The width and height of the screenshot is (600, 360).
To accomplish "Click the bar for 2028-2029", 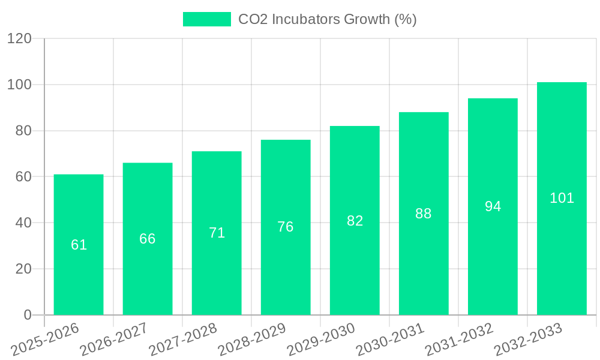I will tap(286, 270).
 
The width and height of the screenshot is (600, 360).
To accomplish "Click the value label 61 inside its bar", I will tap(79, 245).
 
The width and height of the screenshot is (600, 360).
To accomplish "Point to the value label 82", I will tap(355, 221).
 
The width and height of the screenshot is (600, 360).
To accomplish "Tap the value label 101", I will tap(562, 198).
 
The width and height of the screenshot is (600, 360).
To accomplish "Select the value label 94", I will tap(493, 206).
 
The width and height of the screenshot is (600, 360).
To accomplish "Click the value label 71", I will tap(217, 233).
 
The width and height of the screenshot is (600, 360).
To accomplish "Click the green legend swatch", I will tap(206, 19).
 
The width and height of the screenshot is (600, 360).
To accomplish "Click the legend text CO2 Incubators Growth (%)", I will tap(327, 19).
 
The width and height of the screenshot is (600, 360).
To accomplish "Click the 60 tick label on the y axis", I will tap(23, 177).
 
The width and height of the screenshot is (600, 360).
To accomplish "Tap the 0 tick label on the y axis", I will tap(27, 315).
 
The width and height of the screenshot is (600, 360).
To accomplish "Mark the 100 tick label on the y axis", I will tap(19, 85).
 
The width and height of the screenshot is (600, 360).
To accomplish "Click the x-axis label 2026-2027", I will tap(114, 340).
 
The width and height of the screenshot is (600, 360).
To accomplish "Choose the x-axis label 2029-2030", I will tap(321, 340).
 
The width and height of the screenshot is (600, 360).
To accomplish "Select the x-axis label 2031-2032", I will tap(459, 340).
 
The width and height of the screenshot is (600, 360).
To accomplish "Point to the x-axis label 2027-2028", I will tap(183, 340).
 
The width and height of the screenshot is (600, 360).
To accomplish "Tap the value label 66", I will tap(148, 239).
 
